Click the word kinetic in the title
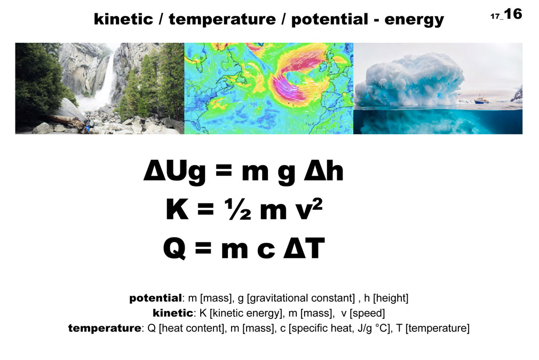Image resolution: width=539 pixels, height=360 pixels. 123,19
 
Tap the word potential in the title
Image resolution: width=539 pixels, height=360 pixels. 330,20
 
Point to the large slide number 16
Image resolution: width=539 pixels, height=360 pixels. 513,14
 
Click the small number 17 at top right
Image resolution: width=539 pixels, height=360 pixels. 495,16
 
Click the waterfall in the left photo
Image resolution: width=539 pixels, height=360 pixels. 107,79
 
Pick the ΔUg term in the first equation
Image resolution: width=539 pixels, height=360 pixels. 175,171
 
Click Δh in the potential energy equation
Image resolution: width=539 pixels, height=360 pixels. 323,171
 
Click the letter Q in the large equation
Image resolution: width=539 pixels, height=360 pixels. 175,248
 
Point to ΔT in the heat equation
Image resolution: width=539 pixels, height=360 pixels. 304,248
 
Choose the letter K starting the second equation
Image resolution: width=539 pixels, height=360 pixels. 177,209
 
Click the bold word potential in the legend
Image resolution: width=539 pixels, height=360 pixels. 155,299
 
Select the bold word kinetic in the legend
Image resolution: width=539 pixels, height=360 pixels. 173,313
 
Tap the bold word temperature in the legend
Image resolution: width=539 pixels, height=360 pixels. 105,328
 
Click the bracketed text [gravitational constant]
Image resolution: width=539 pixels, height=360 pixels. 301,298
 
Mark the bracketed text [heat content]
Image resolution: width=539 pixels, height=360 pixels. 192,328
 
